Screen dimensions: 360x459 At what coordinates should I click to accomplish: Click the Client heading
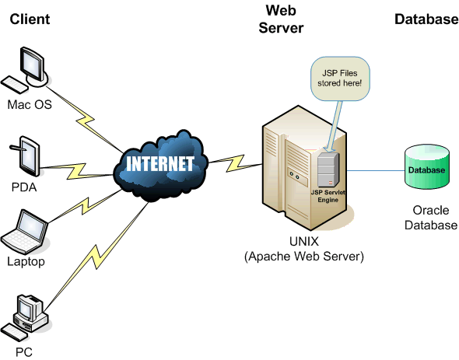click(30, 19)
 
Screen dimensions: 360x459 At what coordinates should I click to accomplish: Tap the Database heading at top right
click(426, 19)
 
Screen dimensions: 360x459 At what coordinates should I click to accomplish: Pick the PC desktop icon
click(28, 317)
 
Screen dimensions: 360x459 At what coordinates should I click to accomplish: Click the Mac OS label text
click(30, 103)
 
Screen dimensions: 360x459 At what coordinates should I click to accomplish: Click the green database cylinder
click(427, 169)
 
